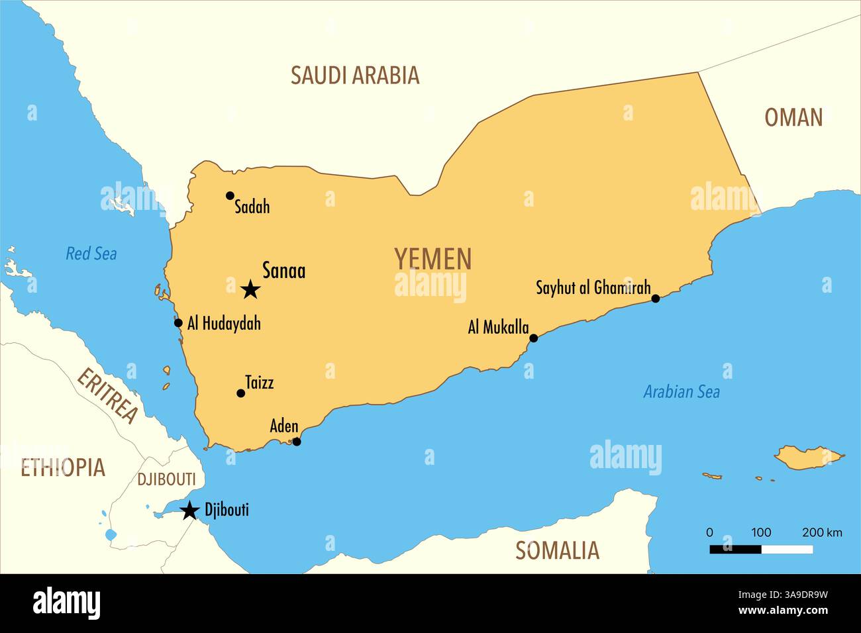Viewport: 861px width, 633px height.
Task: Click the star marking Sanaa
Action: (x=250, y=289)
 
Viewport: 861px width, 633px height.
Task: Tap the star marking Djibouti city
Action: (x=190, y=510)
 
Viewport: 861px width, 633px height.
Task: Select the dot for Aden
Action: (x=297, y=442)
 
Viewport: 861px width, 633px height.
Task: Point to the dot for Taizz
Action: (x=240, y=393)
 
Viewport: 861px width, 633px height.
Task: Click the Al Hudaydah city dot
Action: (x=178, y=323)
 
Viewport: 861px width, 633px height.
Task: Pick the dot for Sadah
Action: (x=230, y=195)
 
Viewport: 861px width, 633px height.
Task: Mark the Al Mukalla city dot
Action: (x=534, y=338)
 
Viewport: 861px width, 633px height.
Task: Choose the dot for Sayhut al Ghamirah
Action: (x=656, y=299)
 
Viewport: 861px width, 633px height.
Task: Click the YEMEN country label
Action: (x=433, y=259)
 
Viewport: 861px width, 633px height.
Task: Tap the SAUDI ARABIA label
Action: (x=355, y=75)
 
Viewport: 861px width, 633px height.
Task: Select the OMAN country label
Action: (x=793, y=118)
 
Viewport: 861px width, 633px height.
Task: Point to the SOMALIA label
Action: (x=557, y=550)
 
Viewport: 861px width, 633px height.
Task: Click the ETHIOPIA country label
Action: (x=63, y=467)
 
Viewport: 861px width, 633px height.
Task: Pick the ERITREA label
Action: (x=108, y=396)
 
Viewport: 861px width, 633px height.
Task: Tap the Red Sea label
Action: (x=91, y=254)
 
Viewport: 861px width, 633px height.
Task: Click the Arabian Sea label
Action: (x=682, y=392)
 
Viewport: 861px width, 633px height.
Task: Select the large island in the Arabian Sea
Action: (x=808, y=457)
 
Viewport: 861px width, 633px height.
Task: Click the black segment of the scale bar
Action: (x=735, y=549)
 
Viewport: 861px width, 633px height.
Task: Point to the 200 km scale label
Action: (x=822, y=532)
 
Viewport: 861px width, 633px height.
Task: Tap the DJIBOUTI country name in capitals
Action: (x=166, y=479)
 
